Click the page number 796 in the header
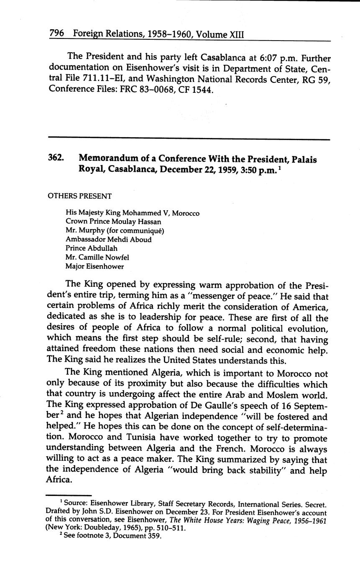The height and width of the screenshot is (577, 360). pos(56,33)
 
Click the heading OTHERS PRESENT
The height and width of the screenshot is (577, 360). pos(80,196)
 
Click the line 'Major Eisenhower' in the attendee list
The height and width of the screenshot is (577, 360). pos(94,266)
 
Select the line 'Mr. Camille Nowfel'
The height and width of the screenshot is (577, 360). pos(97,258)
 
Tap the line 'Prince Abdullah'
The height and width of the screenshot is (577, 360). pos(92,249)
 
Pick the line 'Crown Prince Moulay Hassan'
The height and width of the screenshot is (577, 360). pos(113,222)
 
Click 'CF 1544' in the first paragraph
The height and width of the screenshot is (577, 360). pos(199,89)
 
